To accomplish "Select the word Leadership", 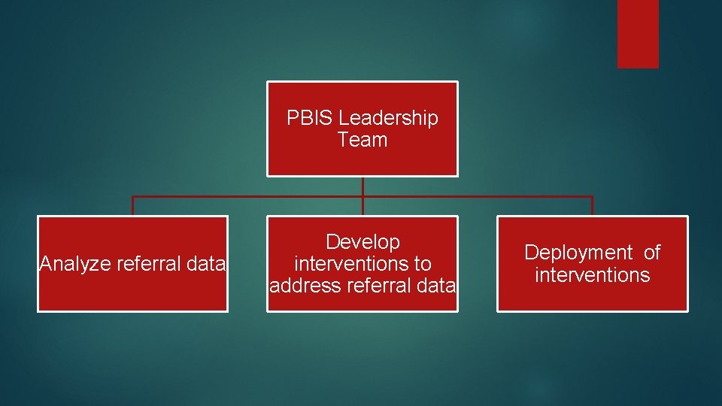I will pos(388,118).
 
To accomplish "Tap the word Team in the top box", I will pos(363,140).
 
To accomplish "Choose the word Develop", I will pos(363,242).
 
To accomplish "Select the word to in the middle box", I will pos(422,264).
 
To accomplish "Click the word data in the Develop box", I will pos(436,286).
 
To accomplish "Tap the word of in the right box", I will pos(651,253).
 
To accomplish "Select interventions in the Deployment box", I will pos(592,274).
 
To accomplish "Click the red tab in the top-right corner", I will pos(638,34).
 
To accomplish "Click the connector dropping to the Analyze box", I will pos(133,206).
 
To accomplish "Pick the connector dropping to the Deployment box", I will pos(592,206).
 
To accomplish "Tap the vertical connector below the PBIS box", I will pos(363,186).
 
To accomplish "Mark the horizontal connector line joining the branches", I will pos(248,197).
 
